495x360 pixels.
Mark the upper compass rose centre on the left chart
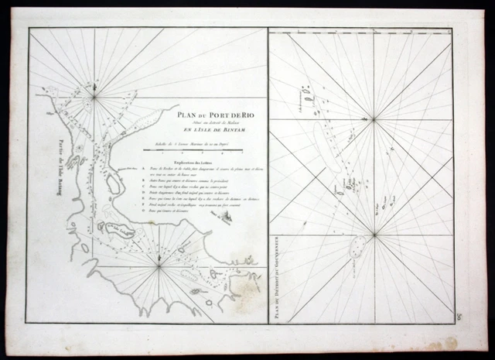click(94, 96)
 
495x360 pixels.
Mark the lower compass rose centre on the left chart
click(159, 267)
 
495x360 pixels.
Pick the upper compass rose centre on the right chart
click(374, 118)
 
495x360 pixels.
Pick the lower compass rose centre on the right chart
click(374, 235)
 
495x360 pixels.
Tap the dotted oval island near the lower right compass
click(357, 247)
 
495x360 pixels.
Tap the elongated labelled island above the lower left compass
click(117, 229)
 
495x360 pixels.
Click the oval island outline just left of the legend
click(113, 184)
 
